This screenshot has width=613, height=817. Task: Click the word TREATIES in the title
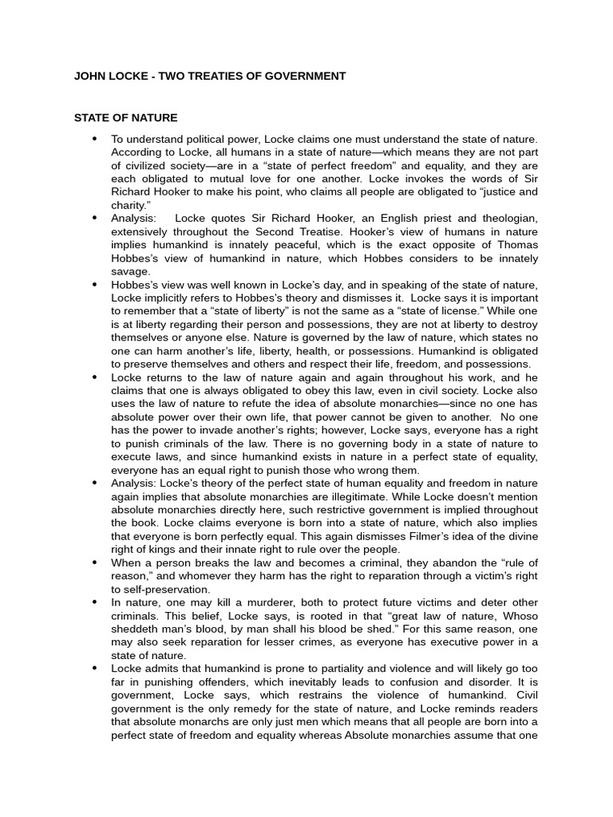coord(188,77)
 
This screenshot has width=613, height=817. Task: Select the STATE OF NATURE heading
coord(126,118)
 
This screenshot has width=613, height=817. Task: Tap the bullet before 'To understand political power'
coord(95,138)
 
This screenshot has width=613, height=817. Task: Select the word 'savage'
coord(130,271)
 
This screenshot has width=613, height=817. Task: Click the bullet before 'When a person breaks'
coord(95,562)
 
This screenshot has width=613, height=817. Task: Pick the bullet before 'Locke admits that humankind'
coord(95,667)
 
